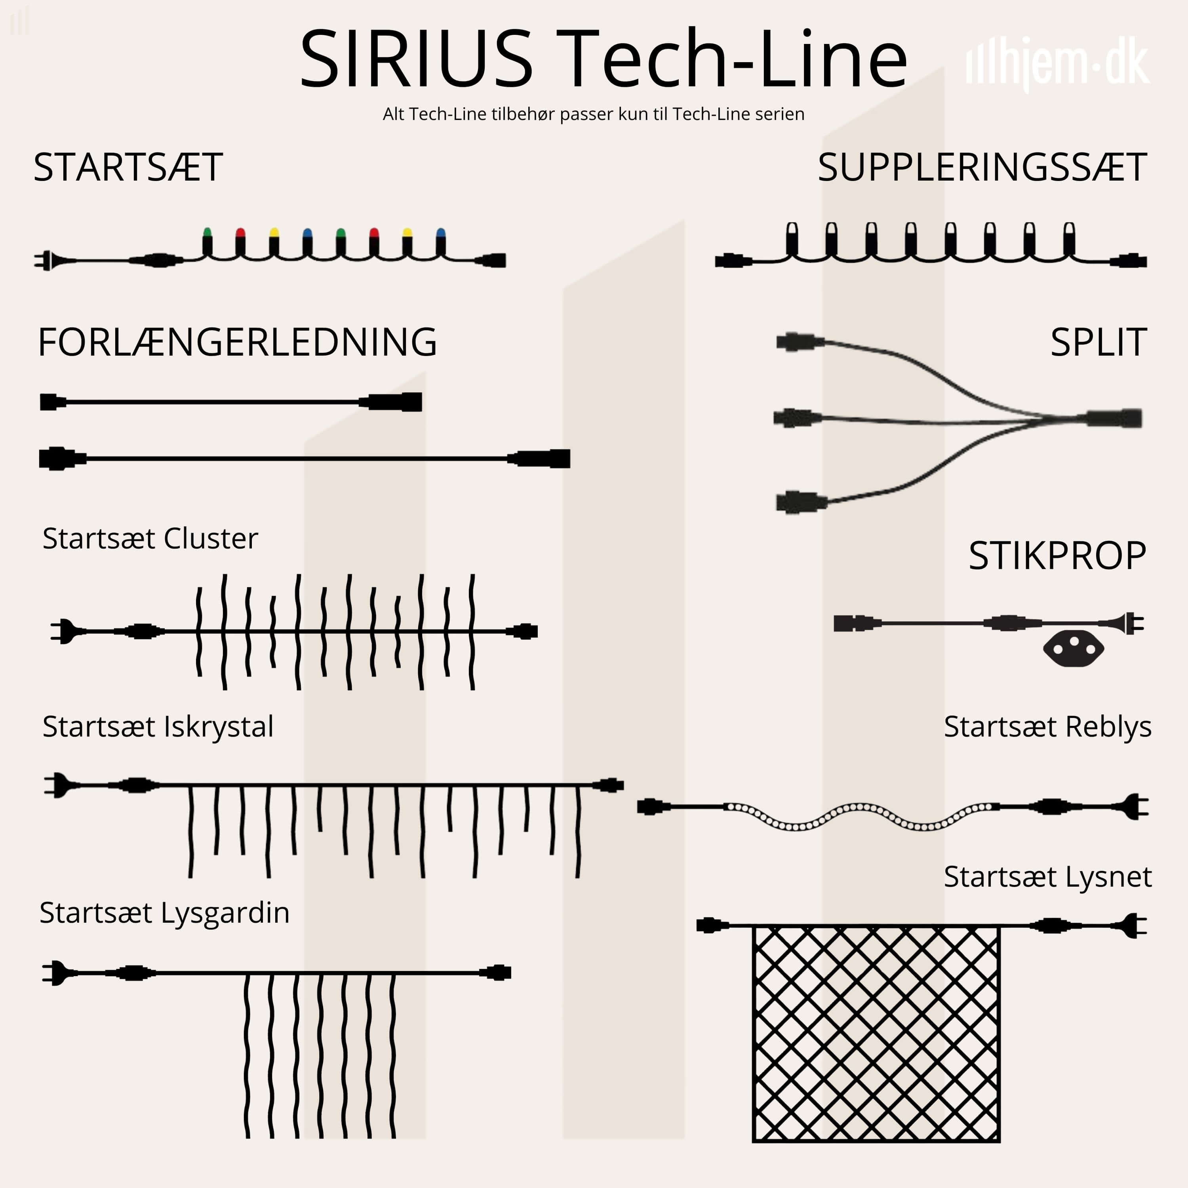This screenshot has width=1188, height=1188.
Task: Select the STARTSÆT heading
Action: pos(128,167)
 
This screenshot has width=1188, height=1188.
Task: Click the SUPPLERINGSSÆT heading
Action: pos(982,167)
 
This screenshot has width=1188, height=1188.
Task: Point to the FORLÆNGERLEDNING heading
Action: pos(237,343)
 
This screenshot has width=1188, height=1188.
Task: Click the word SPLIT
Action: pos(1098,343)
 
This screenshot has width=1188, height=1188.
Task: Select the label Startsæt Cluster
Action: pos(150,539)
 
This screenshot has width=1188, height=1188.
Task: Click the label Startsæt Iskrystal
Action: pos(158,727)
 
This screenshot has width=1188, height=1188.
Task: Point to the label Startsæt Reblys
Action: pos(1047,727)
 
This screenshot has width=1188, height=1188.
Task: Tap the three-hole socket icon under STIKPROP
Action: pos(1074,649)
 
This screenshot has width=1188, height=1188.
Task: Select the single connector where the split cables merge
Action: pos(1114,418)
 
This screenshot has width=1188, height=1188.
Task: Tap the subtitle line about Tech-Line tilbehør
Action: pos(593,114)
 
